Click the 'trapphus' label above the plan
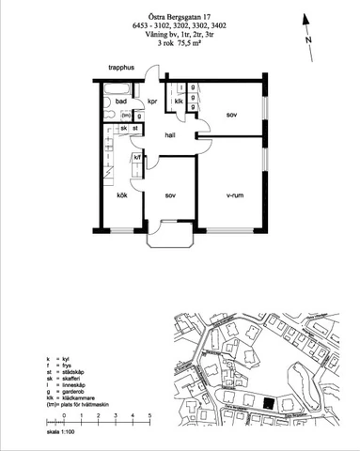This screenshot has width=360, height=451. [123, 68]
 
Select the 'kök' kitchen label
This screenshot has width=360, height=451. [122, 195]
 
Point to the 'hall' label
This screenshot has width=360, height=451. [170, 135]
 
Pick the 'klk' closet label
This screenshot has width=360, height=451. [178, 101]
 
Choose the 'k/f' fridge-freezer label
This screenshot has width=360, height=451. [137, 158]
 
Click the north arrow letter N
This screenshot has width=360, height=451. [307, 41]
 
